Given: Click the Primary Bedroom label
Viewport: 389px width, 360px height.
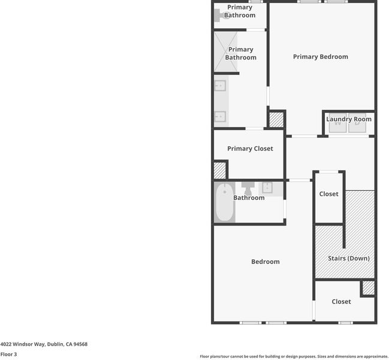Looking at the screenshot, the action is [x=321, y=57].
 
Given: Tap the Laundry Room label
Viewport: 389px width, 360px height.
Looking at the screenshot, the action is [x=349, y=119].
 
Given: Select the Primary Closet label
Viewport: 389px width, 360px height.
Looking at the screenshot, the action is [x=250, y=148].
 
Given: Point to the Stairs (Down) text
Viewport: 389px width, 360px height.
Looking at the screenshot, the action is [x=349, y=258].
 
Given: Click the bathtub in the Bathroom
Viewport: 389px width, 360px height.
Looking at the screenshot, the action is [x=225, y=202].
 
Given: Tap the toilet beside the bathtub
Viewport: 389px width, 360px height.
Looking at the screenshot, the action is [x=248, y=188].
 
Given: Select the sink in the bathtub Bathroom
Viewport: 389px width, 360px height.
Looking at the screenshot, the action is [x=267, y=188].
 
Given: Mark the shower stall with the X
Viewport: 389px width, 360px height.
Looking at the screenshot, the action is [x=225, y=52].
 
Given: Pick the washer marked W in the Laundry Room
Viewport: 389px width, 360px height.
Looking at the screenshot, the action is [x=337, y=123].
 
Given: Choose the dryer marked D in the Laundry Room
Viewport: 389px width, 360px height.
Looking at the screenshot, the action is [x=357, y=123].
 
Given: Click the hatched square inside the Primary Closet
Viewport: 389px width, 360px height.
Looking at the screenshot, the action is [x=220, y=170].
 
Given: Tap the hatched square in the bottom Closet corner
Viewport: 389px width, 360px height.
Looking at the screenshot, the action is [x=369, y=288].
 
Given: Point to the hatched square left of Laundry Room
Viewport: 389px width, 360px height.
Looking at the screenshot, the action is [x=276, y=120].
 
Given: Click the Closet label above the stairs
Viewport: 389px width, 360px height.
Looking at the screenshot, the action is [x=328, y=194].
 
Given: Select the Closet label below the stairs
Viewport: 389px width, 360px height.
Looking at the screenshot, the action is [x=342, y=302].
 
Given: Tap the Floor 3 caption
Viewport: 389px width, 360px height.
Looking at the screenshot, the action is [x=8, y=354].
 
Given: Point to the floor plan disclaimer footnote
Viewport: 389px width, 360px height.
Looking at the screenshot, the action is [x=294, y=356].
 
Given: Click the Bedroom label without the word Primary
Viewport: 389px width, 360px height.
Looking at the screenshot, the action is [x=266, y=262].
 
